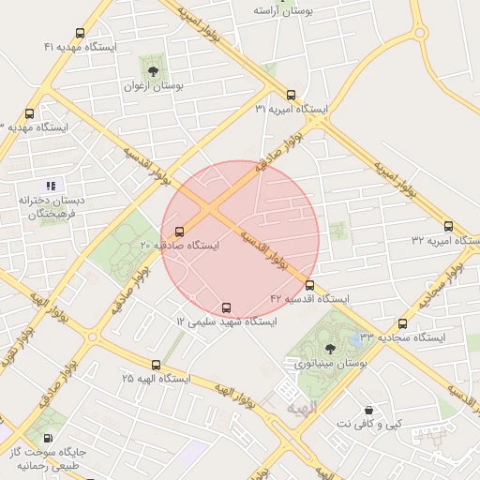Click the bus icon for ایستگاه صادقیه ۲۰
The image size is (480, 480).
(x=179, y=231)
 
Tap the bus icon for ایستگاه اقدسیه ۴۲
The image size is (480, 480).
(x=309, y=285)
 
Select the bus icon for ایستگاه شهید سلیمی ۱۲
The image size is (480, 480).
(x=226, y=307)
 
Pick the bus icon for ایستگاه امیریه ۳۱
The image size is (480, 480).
(x=291, y=96)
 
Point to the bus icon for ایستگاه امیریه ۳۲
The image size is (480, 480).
(x=448, y=227)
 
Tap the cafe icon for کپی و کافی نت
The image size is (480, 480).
(x=368, y=411)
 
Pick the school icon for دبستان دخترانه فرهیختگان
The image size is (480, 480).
(x=51, y=186)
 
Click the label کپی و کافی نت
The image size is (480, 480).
(x=368, y=424)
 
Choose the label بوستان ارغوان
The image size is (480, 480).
(x=154, y=84)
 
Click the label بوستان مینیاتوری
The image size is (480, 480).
(x=329, y=363)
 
